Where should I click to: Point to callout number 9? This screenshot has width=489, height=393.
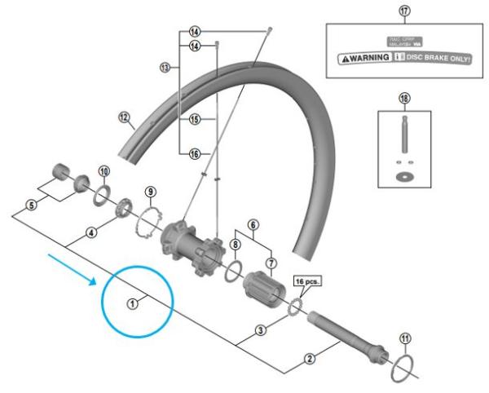pyautogui.click(x=149, y=192)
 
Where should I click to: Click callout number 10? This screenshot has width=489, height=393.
pyautogui.click(x=104, y=170)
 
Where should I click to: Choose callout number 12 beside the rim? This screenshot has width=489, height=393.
pyautogui.click(x=124, y=117)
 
